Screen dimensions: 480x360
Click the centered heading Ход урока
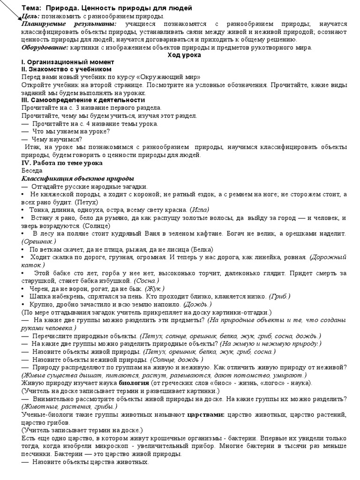pyautogui.click(x=184, y=55)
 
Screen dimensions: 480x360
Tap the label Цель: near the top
pyautogui.click(x=30, y=16)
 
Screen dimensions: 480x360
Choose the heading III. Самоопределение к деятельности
pyautogui.click(x=83, y=100)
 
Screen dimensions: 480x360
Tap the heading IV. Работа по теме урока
pyautogui.click(x=62, y=163)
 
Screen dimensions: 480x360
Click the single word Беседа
pyautogui.click(x=31, y=171)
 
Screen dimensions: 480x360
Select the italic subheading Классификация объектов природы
pyautogui.click(x=78, y=179)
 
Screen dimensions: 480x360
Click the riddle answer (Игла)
pyautogui.click(x=200, y=210)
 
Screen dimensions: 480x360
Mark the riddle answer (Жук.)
pyautogui.click(x=155, y=288)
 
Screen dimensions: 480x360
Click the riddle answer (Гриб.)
pyautogui.click(x=280, y=296)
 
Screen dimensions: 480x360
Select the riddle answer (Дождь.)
pyautogui.click(x=198, y=304)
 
